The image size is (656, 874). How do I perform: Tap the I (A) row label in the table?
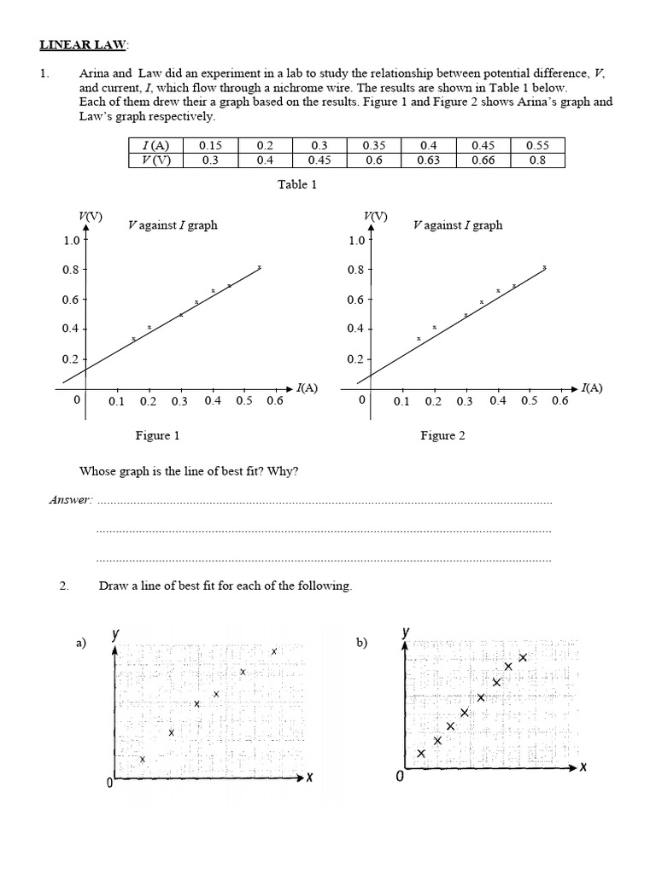click(x=155, y=146)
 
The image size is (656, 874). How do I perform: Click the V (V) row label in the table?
click(x=155, y=160)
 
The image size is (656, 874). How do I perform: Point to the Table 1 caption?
click(x=297, y=184)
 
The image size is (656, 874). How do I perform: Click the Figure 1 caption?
click(x=158, y=435)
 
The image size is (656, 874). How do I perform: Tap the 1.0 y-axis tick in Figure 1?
click(x=71, y=241)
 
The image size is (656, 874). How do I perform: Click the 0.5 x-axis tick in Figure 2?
click(x=529, y=400)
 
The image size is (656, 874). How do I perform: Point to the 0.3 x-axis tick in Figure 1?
click(x=179, y=400)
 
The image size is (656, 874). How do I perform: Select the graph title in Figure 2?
click(x=457, y=225)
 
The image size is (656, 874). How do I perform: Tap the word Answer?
click(x=70, y=500)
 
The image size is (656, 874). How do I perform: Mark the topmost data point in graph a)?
click(x=274, y=651)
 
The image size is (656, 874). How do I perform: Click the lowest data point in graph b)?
click(x=421, y=753)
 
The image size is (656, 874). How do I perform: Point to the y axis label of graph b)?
click(x=406, y=632)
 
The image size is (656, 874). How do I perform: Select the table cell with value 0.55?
click(x=536, y=146)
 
